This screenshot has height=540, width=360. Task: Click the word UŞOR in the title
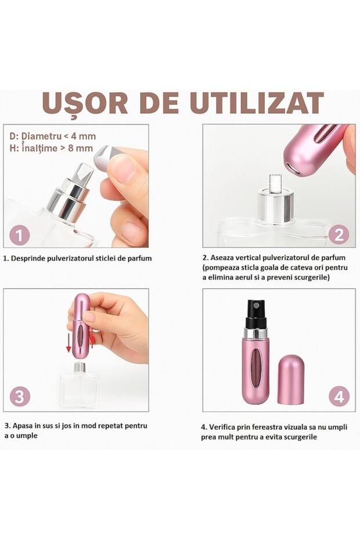point(85,103)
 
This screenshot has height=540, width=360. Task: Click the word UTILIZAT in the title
point(257,103)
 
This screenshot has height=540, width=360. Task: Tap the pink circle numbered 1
point(19,235)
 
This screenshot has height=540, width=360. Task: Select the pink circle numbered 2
point(339,235)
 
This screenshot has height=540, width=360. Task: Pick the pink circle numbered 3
point(20,396)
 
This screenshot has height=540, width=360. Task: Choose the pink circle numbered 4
point(339,396)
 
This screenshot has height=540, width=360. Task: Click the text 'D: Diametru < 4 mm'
point(52,136)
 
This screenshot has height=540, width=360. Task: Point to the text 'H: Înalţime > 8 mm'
point(51,148)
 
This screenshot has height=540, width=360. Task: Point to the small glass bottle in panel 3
point(79,385)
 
